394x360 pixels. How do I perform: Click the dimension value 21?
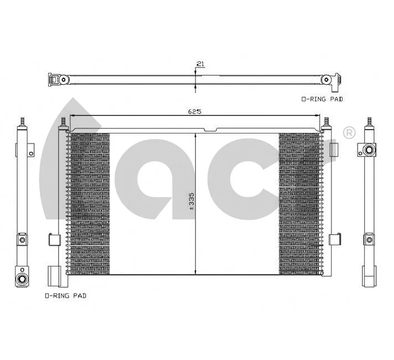(x=200, y=64)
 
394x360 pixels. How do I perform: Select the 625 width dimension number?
(x=194, y=111)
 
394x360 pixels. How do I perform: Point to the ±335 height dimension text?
(x=191, y=203)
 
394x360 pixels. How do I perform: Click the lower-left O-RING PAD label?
(x=65, y=296)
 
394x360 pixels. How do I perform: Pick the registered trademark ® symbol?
(x=349, y=132)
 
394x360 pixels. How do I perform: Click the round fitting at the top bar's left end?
(x=63, y=80)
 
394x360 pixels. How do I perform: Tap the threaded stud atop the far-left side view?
(x=23, y=121)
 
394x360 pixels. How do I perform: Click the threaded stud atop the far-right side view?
(x=370, y=121)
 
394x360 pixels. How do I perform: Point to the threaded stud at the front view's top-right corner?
(x=327, y=121)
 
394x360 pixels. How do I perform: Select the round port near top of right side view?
(x=370, y=150)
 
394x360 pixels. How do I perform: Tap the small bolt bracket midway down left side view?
(x=22, y=239)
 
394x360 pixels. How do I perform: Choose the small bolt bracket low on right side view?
(x=369, y=239)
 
